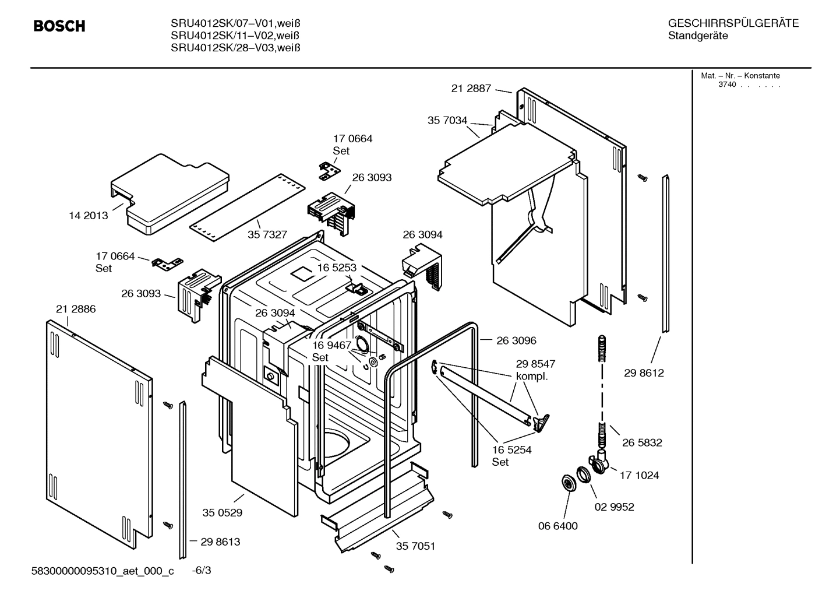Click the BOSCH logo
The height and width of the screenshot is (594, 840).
pyautogui.click(x=59, y=26)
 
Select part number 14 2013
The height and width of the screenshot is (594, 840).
pyautogui.click(x=89, y=216)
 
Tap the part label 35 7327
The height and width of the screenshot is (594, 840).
pyautogui.click(x=267, y=234)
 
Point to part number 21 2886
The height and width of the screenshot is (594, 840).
pyautogui.click(x=76, y=309)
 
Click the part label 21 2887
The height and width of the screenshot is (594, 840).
pyautogui.click(x=471, y=89)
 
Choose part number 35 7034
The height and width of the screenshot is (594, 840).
pyautogui.click(x=447, y=121)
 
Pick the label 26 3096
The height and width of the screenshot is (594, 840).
pyautogui.click(x=516, y=340)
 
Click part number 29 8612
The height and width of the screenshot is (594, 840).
pyautogui.click(x=644, y=373)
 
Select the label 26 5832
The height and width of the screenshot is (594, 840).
pyautogui.click(x=642, y=443)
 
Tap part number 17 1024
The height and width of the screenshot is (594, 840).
pyautogui.click(x=639, y=476)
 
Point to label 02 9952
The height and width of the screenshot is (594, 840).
pyautogui.click(x=614, y=507)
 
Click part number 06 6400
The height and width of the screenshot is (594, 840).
pyautogui.click(x=557, y=526)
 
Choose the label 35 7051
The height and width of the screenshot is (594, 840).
pyautogui.click(x=415, y=546)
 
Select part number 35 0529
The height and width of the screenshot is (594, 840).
pyautogui.click(x=223, y=513)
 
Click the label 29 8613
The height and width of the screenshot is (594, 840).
pyautogui.click(x=220, y=542)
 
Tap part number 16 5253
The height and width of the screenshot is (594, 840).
pyautogui.click(x=337, y=268)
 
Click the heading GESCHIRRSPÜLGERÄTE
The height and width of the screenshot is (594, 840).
pyautogui.click(x=733, y=24)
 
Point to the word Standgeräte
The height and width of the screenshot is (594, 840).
pyautogui.click(x=698, y=36)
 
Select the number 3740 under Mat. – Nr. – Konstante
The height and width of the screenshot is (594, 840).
pyautogui.click(x=727, y=85)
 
